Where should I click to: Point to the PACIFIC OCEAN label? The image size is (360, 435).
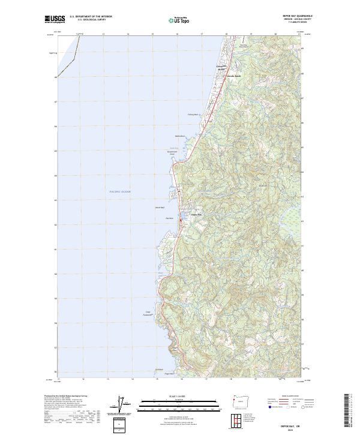click(120, 191)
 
